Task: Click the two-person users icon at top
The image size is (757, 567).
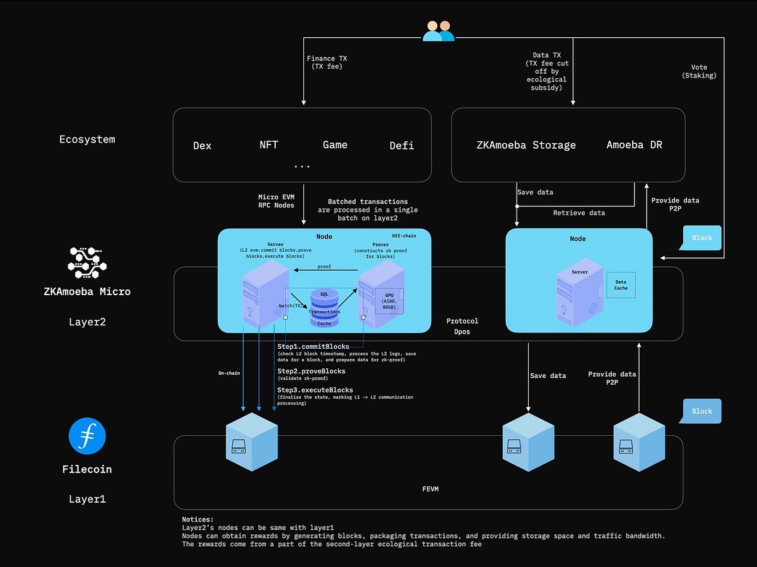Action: (438, 31)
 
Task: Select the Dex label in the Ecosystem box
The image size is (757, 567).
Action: (202, 146)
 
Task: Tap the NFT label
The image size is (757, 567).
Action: (268, 144)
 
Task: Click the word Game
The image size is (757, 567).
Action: (335, 144)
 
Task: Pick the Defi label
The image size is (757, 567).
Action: (401, 146)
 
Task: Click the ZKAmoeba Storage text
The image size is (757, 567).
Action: (526, 145)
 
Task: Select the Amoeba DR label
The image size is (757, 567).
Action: (634, 144)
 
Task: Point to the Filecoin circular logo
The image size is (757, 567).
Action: (87, 436)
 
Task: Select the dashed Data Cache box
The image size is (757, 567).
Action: (621, 285)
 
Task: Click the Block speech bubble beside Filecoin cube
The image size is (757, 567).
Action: (701, 411)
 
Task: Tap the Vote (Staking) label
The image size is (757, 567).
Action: (699, 71)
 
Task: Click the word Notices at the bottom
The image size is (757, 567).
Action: (197, 519)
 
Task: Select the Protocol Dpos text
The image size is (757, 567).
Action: (462, 326)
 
